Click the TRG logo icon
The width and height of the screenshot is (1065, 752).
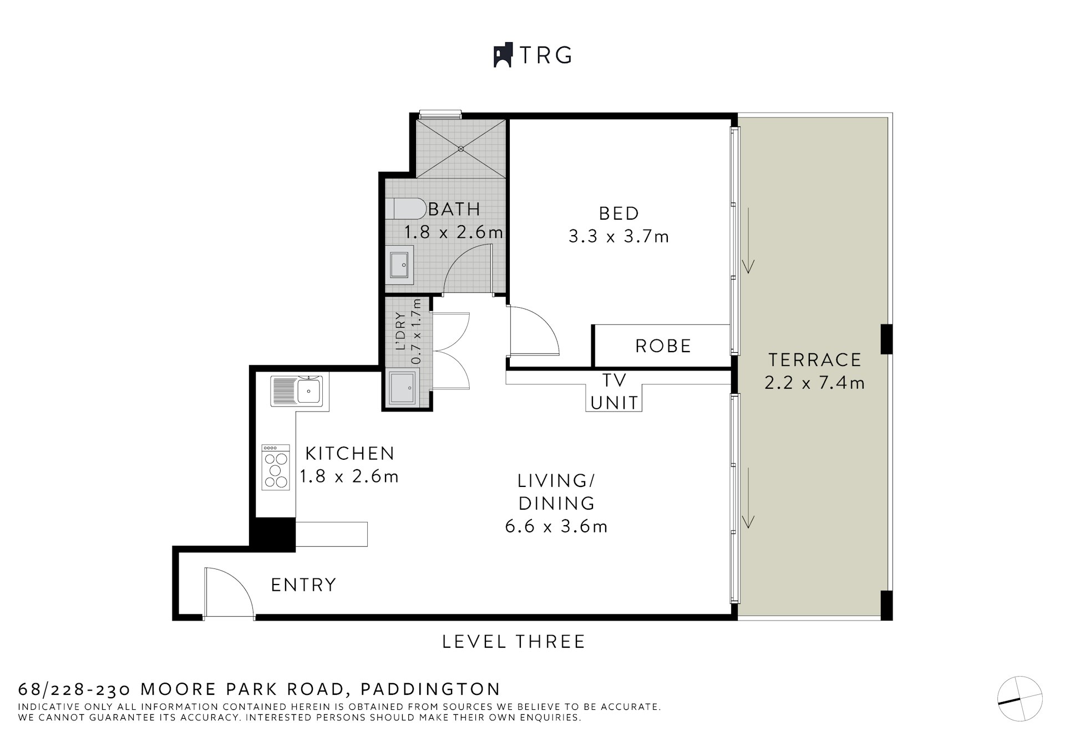click(503, 55)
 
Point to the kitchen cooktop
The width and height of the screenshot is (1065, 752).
click(276, 467)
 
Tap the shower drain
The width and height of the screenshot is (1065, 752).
click(461, 149)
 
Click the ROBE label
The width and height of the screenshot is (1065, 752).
click(663, 346)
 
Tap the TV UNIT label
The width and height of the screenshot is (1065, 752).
click(614, 392)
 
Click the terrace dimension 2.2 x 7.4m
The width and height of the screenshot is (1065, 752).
click(815, 383)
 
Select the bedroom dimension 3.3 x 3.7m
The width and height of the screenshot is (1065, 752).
click(619, 237)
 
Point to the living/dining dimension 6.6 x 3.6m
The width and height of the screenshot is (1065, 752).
click(556, 526)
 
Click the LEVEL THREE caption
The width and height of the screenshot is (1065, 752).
click(514, 642)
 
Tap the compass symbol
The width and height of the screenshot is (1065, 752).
click(1020, 699)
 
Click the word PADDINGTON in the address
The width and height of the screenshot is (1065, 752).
click(431, 689)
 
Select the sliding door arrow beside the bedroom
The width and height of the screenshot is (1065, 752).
click(749, 241)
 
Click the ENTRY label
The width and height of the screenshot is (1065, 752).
click(303, 585)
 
